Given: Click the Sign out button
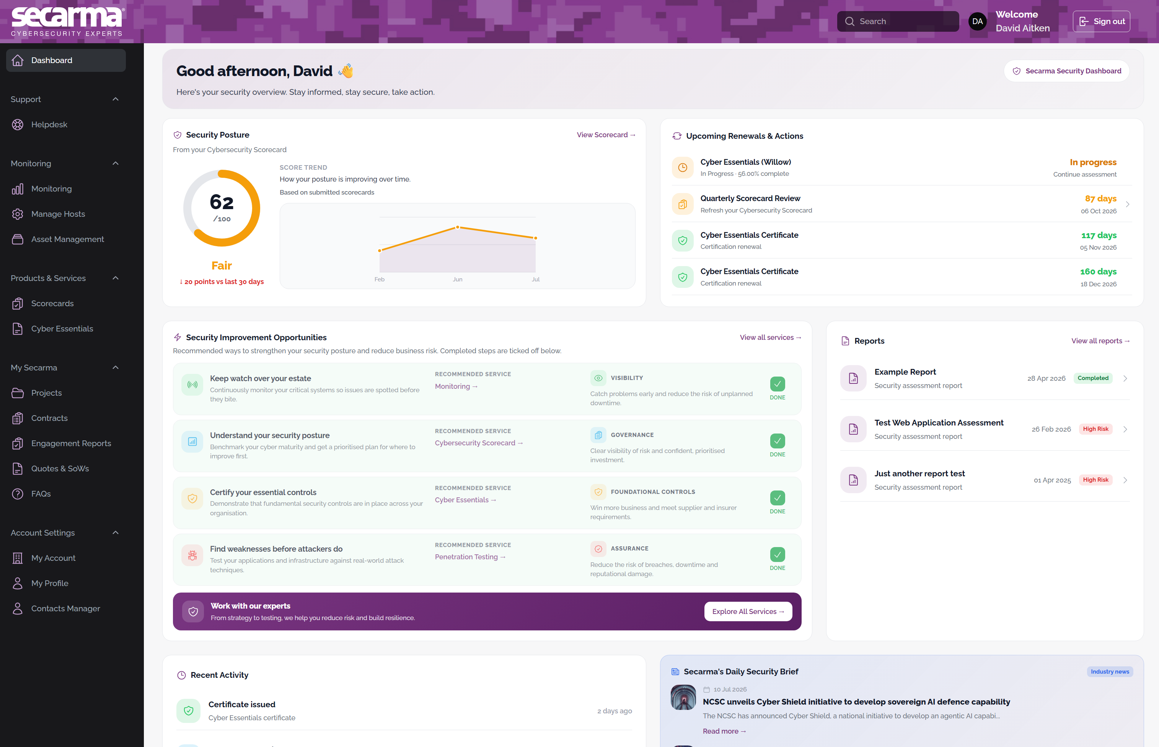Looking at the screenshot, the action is [x=1101, y=21].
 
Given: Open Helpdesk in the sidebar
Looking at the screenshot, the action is [x=49, y=125].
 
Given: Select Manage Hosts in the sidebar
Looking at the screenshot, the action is [x=58, y=214].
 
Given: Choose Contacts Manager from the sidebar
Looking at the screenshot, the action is [x=65, y=608].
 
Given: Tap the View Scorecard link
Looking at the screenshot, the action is [x=606, y=135].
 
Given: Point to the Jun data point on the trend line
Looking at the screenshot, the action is [x=457, y=227].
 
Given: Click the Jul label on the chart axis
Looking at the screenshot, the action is [x=535, y=279].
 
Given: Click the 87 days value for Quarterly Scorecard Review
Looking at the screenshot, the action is [x=1101, y=198].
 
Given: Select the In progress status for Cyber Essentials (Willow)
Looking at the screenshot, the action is [x=1093, y=162].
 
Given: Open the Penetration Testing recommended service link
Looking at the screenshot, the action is [x=470, y=557].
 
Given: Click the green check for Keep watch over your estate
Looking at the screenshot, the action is [x=777, y=384].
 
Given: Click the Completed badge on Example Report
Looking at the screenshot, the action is [x=1092, y=378].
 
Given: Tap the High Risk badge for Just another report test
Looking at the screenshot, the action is [x=1095, y=480].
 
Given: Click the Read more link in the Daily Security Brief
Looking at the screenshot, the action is [x=724, y=731].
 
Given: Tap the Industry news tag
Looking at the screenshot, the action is [x=1110, y=672].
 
